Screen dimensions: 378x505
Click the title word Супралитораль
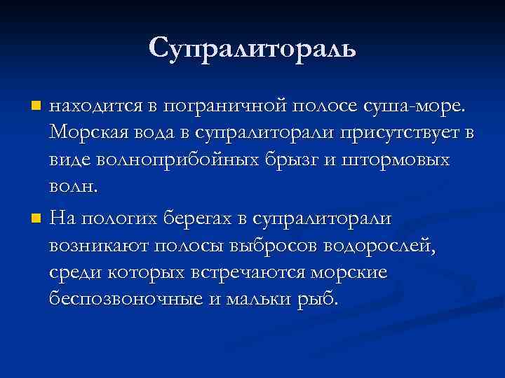click(252, 47)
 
